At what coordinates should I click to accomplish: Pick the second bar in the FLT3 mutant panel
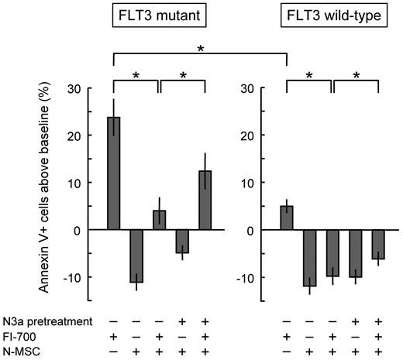coord(136,255)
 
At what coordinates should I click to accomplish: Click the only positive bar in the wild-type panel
coord(287,218)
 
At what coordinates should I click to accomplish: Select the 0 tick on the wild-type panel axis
coord(251,230)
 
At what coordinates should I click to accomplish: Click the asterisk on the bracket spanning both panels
coord(201,49)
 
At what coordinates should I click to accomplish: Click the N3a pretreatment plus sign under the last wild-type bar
coord(378,319)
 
